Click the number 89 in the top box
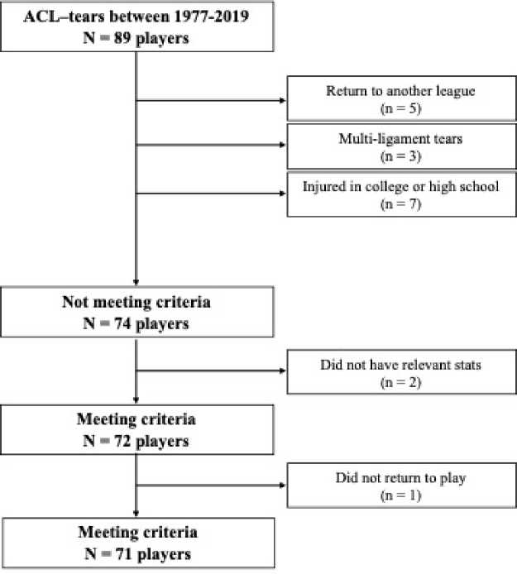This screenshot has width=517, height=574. pos(122,38)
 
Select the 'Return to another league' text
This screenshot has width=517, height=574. pos(400,91)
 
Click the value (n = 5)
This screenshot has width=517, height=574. pos(401,108)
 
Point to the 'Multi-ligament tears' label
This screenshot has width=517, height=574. pos(400,139)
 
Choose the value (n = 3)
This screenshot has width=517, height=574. pos(401,156)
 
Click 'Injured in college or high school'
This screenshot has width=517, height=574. pos(400,187)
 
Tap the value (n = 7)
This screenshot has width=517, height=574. pos(401,204)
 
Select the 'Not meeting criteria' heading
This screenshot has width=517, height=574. pos(136,303)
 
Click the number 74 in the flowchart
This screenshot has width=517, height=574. pos(122,323)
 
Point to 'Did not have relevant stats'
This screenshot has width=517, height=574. pos(400,365)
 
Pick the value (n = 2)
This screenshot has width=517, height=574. pos(401,383)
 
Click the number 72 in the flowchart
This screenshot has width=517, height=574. pos(122,441)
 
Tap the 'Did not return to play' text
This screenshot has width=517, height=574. pos(400,478)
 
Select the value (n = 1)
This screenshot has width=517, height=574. pos(401,495)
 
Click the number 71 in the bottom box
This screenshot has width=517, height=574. pos(124,554)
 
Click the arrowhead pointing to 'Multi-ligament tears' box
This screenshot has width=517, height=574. pos(283,145)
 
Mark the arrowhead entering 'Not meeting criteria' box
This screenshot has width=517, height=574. pos(136,282)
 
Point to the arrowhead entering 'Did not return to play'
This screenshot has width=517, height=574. pos(283,486)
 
